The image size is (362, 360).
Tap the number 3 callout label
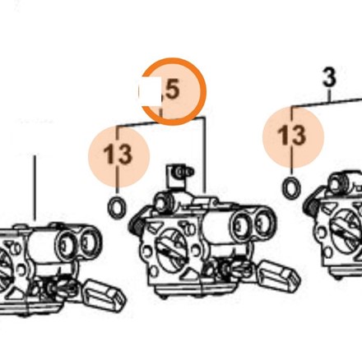(329, 77)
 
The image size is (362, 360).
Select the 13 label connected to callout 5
(118, 155)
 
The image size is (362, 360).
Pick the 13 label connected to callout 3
(292, 136)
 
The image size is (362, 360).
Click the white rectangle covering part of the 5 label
(151, 90)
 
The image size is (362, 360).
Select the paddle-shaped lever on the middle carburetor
(277, 276)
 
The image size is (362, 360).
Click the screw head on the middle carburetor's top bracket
(182, 172)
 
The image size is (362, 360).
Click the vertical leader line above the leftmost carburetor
(35, 188)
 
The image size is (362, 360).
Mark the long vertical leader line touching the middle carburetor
(204, 155)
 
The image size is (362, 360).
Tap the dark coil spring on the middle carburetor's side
(137, 225)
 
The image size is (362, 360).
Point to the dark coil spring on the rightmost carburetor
(311, 208)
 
